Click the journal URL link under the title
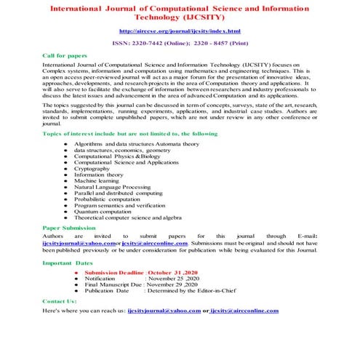180,31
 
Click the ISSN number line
180,44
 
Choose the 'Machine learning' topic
97,180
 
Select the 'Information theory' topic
99,175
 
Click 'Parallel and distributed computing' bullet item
118,193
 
